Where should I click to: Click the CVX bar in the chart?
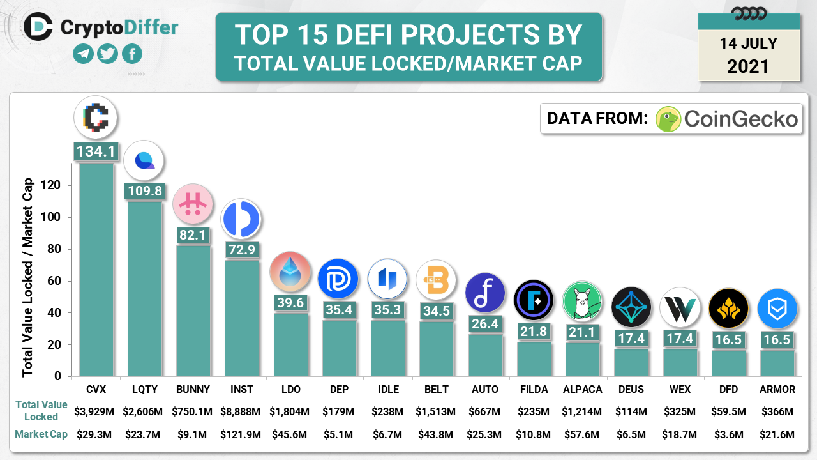click(96, 268)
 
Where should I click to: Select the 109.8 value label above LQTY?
click(144, 190)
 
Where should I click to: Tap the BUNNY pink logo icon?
click(193, 203)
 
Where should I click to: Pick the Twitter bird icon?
click(108, 54)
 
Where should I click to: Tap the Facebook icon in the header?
click(132, 54)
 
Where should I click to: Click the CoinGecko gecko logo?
click(668, 119)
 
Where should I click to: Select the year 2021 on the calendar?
click(748, 66)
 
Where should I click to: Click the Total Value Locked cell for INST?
click(241, 410)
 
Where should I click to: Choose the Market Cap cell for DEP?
click(338, 434)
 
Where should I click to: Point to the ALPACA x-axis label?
click(583, 389)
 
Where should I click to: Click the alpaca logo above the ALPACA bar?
click(583, 300)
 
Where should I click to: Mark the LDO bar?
click(290, 345)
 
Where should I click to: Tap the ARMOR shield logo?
click(777, 309)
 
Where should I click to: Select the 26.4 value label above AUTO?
click(484, 324)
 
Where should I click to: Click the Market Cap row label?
click(41, 434)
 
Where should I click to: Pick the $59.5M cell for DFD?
click(728, 410)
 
